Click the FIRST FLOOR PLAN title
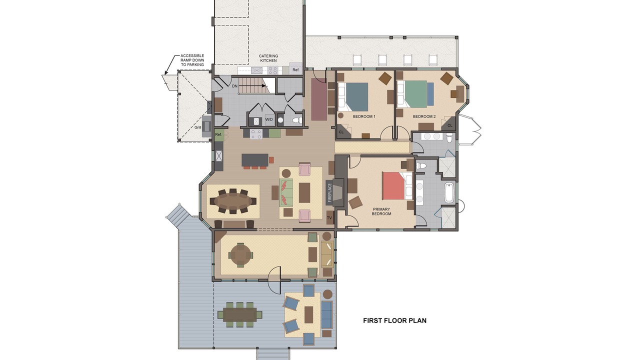pos(394,320)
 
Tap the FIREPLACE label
pos(329,193)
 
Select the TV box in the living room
pos(329,217)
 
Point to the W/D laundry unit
pos(269,119)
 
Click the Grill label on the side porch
pos(197,127)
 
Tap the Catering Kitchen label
pos(268,58)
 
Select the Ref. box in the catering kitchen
pos(295,69)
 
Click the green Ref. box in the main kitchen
pos(218,134)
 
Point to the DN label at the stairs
pos(234,86)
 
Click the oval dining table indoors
pos(233,201)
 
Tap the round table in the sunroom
pos(240,255)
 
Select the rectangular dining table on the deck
pos(239,314)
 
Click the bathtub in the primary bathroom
pos(449,192)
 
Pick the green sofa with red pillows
pos(286,192)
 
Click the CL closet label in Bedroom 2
pos(449,125)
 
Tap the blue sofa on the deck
pos(327,315)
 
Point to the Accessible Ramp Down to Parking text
pos(192,60)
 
